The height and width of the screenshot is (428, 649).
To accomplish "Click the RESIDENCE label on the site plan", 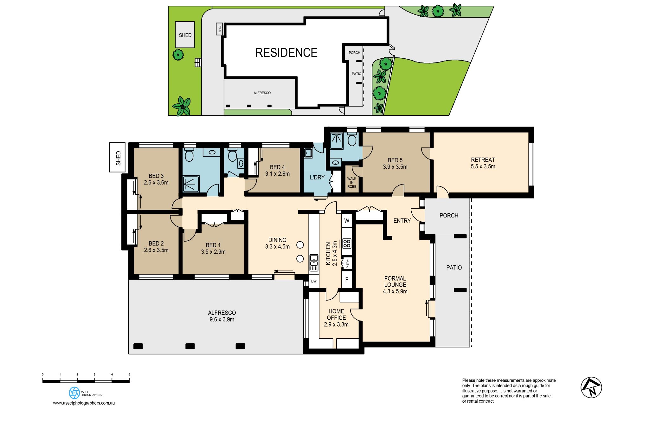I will [x=286, y=53].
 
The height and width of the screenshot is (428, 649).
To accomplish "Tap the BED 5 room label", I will [x=395, y=163].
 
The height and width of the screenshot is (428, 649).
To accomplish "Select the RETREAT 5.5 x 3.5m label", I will [x=483, y=163].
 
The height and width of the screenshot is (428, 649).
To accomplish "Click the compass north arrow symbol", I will [x=591, y=387].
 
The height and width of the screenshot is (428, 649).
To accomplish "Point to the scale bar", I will [x=86, y=381].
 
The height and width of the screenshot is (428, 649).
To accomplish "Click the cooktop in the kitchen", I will [x=347, y=243].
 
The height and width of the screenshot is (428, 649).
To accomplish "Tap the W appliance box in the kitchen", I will [x=347, y=221].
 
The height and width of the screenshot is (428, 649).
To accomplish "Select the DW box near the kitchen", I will [x=314, y=281].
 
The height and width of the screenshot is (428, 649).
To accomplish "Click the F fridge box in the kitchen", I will [x=347, y=280].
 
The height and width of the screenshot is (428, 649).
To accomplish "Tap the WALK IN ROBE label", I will [x=352, y=183].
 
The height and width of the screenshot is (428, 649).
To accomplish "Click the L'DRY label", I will [x=317, y=177].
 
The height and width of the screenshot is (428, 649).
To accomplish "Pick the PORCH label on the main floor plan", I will [x=449, y=216].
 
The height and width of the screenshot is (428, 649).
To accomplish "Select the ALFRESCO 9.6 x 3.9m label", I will [x=222, y=316].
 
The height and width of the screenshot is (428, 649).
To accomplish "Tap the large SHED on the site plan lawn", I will [x=185, y=35].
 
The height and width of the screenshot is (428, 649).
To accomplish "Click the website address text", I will [x=84, y=403].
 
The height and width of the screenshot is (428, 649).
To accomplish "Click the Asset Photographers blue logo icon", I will [x=74, y=393].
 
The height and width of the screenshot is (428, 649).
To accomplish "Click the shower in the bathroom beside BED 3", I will [x=191, y=184].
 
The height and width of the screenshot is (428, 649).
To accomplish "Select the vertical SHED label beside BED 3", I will [x=118, y=158].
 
